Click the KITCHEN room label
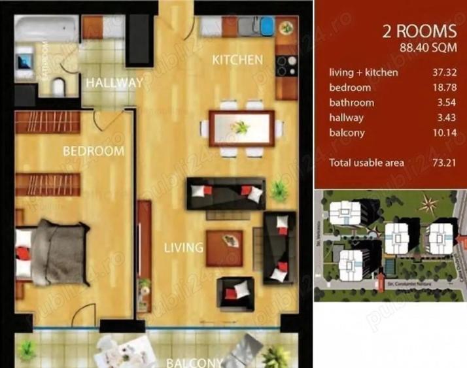pyautogui.click(x=237, y=59)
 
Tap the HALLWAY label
pyautogui.click(x=114, y=83)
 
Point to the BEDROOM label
pyautogui.click(x=94, y=151)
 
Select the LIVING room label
pyautogui.click(x=183, y=248)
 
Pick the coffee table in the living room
pyautogui.click(x=224, y=248)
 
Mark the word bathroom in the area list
pyautogui.click(x=352, y=103)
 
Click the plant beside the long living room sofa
pyautogui.click(x=280, y=189)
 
